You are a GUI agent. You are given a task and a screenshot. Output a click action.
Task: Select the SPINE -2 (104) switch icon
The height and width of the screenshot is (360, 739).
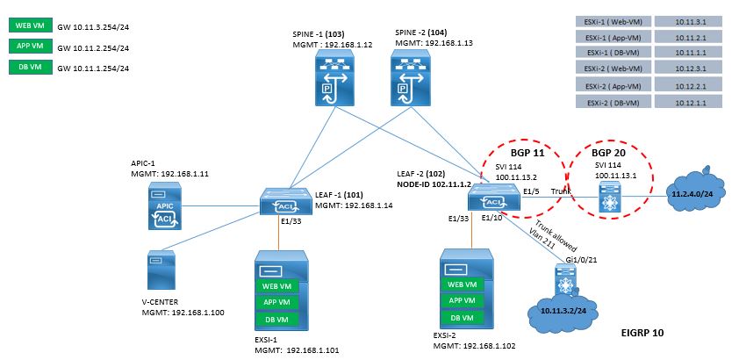pos(412,78)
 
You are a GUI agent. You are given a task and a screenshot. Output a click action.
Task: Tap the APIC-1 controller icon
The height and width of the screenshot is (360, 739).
pos(164,206)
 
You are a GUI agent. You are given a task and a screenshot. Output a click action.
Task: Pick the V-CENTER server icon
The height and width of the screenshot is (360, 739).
pos(161,270)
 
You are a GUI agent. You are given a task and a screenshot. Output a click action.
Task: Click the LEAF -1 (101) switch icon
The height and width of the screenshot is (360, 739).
pos(285,202)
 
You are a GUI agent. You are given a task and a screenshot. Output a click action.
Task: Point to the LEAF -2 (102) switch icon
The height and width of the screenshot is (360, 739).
pos(493,197)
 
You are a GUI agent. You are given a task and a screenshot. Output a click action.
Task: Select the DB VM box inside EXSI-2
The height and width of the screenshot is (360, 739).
pos(462,318)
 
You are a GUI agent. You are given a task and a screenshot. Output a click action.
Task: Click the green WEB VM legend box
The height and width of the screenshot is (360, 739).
pos(30,25)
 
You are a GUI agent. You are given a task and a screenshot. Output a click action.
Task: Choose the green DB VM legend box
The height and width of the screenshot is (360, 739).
pos(30,67)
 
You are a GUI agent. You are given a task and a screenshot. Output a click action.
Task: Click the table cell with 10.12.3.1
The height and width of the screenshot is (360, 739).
pos(688,69)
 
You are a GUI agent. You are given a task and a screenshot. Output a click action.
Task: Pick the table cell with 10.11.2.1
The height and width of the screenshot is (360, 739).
pos(688,37)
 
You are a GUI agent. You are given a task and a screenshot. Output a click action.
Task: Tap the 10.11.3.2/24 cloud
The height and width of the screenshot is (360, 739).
pos(563,309)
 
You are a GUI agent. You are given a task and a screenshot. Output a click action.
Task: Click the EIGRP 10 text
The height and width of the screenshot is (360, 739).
pos(642,333)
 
